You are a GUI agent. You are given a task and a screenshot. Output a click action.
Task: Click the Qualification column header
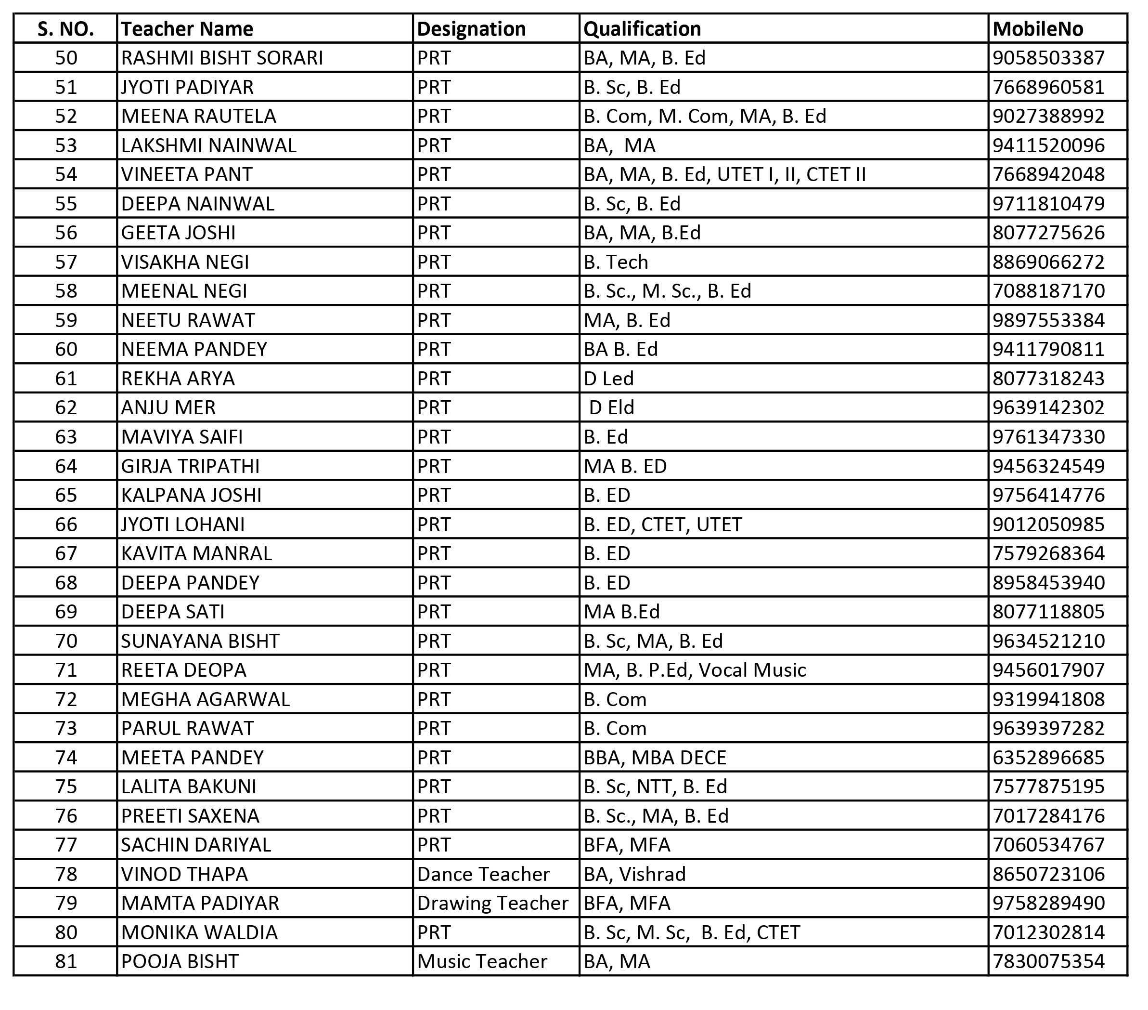pos(642,29)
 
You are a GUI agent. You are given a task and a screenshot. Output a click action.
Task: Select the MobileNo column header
pos(1037,29)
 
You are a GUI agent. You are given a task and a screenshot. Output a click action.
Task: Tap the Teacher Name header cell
pos(187,29)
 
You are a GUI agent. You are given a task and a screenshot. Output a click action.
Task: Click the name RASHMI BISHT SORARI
pos(222,58)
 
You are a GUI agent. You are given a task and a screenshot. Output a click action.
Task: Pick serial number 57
pos(66,262)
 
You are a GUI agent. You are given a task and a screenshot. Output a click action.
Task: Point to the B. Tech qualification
pos(616,262)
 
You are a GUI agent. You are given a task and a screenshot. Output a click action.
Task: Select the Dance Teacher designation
pos(483,874)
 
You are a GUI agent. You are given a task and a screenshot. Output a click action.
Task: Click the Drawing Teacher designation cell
pos(492,903)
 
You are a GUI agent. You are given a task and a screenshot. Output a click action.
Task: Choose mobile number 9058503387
pos(1048,58)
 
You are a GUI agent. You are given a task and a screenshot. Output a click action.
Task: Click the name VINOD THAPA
pos(184,874)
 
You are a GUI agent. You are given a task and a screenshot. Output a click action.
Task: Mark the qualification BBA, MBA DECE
pos(655,758)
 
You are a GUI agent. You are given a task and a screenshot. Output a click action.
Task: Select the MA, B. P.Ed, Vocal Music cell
pos(695,670)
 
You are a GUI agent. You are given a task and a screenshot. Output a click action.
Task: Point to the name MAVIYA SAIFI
pos(182,437)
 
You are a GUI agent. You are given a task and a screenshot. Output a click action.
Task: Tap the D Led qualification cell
pos(608,378)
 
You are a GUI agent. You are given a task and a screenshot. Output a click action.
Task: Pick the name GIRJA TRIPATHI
pos(191,466)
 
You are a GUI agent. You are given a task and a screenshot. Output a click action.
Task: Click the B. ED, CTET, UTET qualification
pos(663,525)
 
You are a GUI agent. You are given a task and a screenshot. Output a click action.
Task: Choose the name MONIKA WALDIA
pos(199,932)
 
